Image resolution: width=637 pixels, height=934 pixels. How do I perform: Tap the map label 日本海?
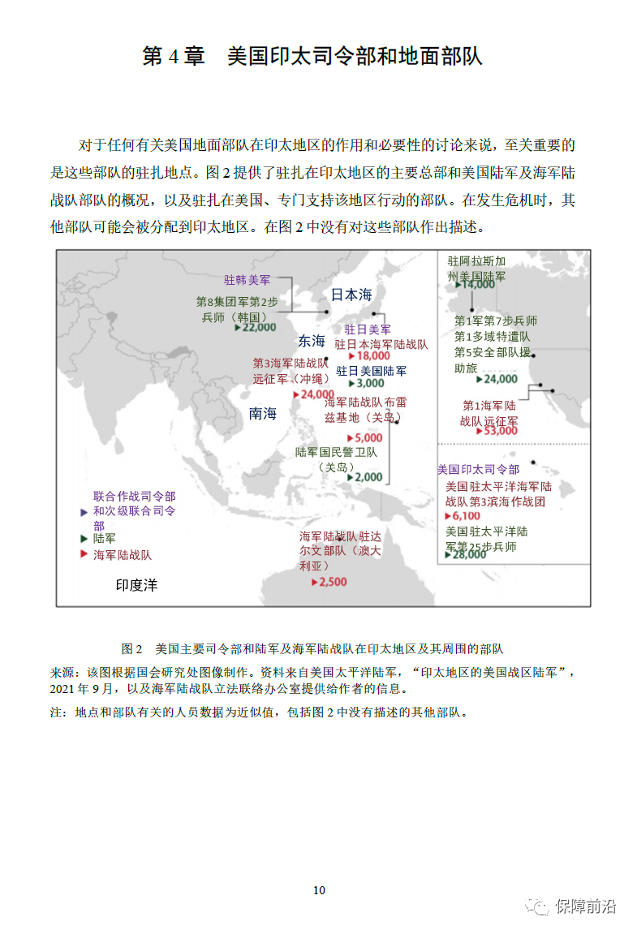pos(351,295)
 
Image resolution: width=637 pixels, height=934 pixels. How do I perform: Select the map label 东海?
pos(311,341)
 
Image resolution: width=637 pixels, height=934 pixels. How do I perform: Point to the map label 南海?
pos(263,413)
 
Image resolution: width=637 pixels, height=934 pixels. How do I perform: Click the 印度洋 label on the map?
pos(136,584)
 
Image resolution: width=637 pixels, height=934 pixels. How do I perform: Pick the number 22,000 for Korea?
pos(258,328)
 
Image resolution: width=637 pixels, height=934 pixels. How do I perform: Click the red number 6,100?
pos(466,515)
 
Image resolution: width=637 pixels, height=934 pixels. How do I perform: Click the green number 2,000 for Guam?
pos(368,477)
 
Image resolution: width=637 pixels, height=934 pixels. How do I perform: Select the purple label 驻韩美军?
pos(247,280)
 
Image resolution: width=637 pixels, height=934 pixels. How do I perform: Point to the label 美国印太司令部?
pos(478,469)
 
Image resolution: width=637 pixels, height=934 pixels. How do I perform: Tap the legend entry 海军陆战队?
pos(122,555)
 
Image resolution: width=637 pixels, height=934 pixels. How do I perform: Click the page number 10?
pos(319,890)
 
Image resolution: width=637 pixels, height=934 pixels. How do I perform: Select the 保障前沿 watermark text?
pos(585,906)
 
